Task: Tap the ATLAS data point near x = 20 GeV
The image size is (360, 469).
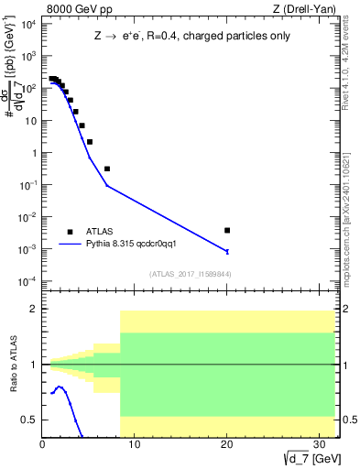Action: click(x=227, y=230)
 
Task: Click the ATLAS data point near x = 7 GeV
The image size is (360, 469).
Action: click(x=107, y=169)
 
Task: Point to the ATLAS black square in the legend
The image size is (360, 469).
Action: click(x=70, y=232)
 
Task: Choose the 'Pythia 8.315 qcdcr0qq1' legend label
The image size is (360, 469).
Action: click(x=137, y=245)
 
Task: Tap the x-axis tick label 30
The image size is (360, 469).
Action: click(x=318, y=446)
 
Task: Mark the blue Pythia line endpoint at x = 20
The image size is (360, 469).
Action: click(x=227, y=251)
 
